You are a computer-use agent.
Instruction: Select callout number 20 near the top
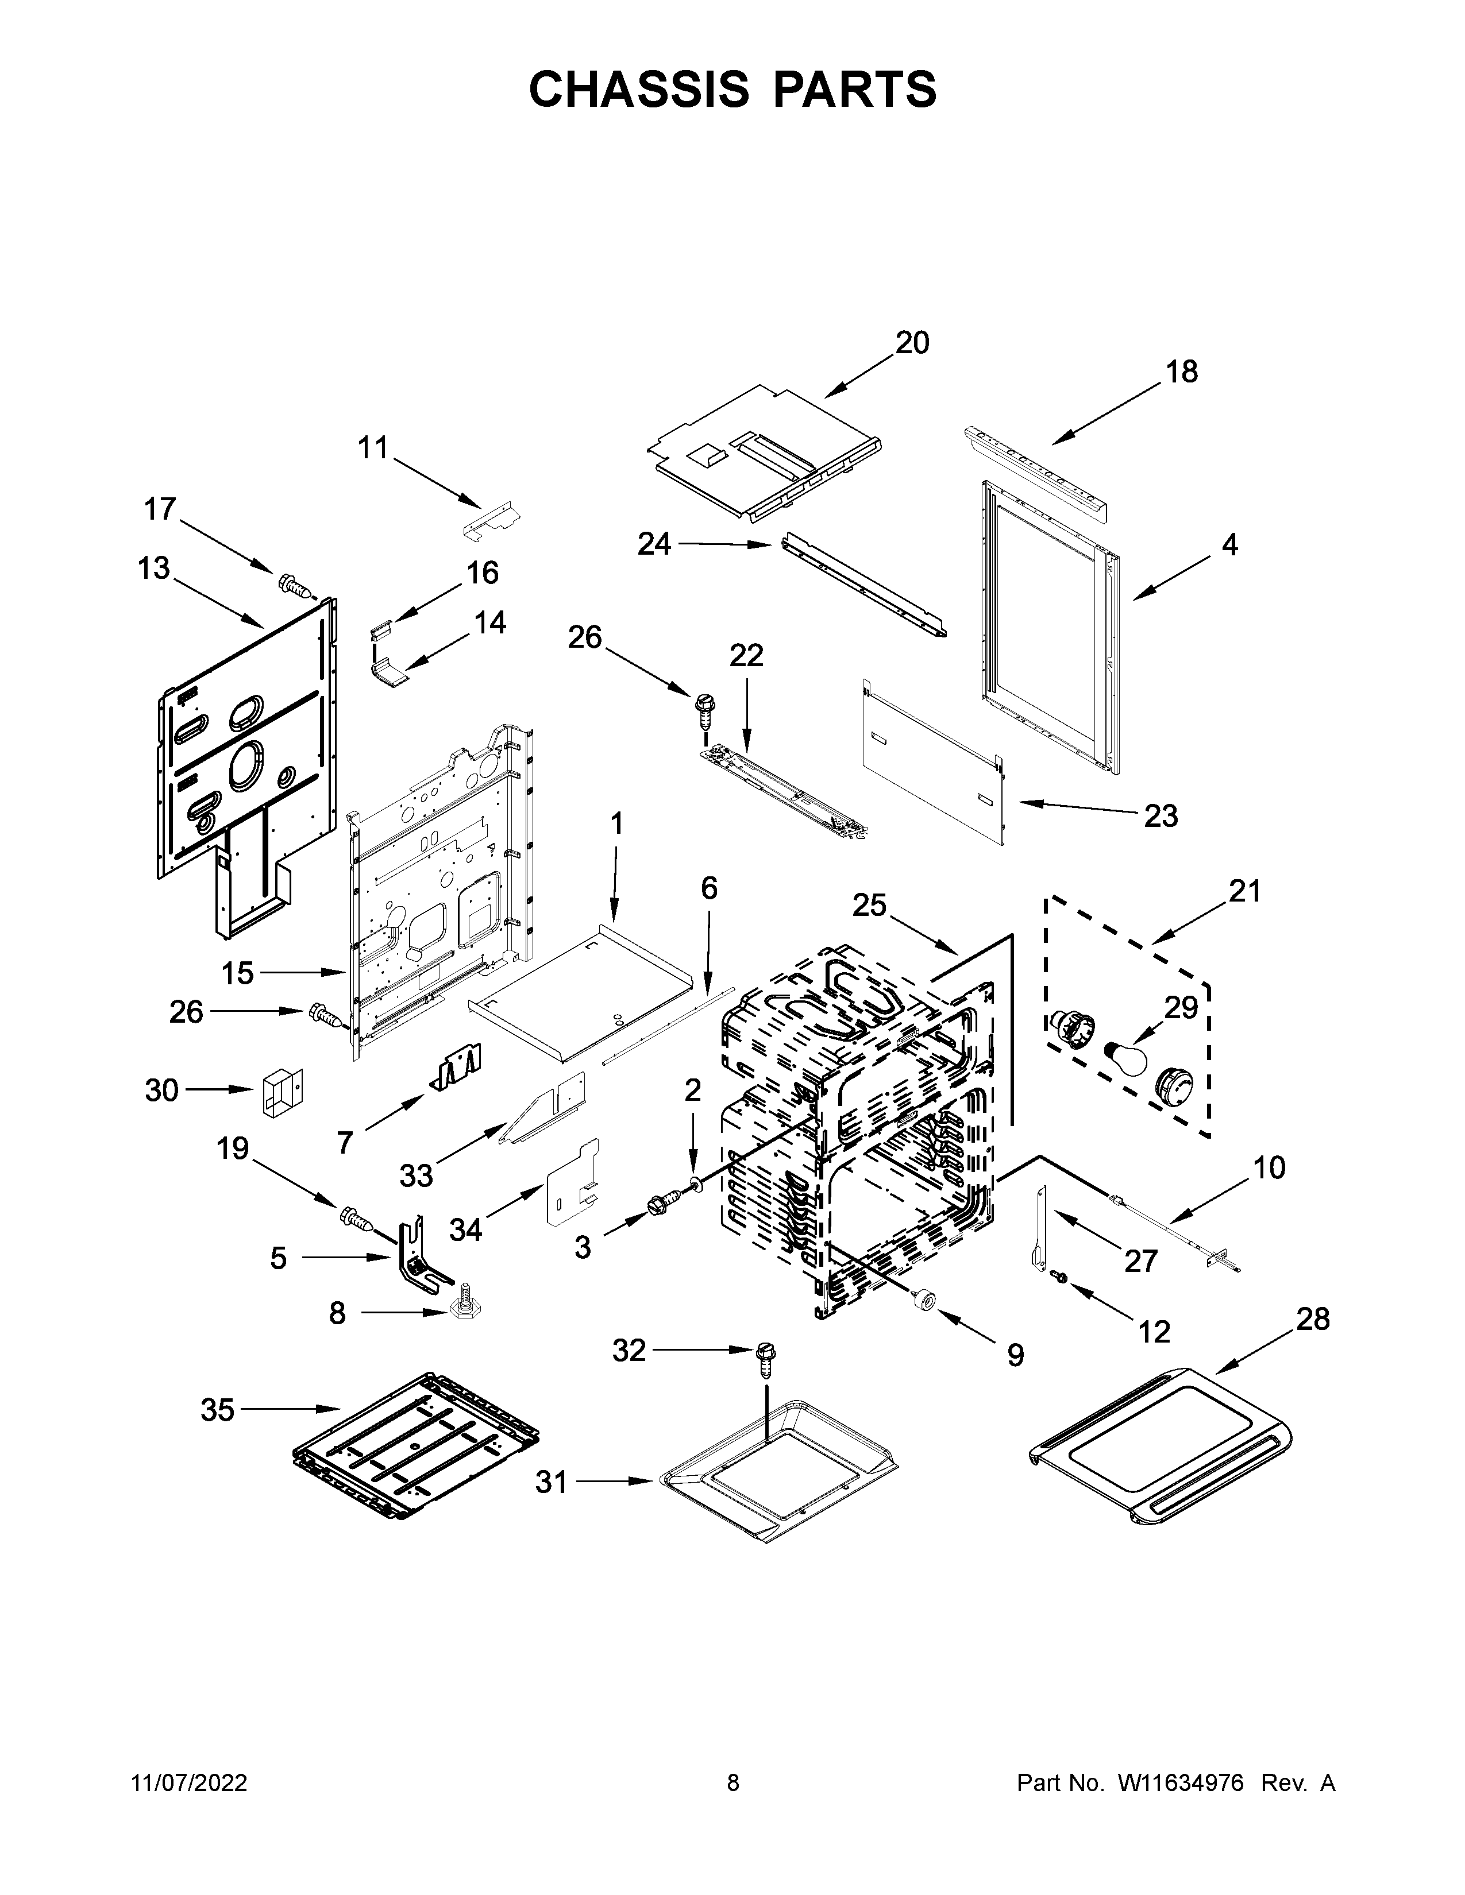[x=912, y=343]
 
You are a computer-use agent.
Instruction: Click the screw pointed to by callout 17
[x=295, y=587]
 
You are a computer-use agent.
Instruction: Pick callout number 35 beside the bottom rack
[x=217, y=1410]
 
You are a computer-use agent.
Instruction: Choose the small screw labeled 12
[x=1059, y=1300]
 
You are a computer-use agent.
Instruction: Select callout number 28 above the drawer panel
[x=1312, y=1319]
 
